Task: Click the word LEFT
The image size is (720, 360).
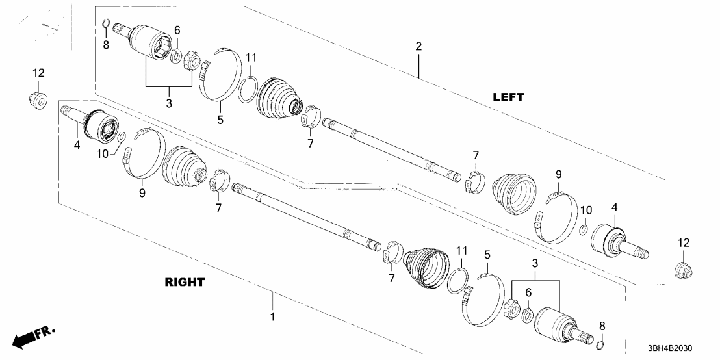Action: (x=508, y=97)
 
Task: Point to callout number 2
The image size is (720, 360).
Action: (x=418, y=46)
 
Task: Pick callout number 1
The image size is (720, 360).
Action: (x=273, y=316)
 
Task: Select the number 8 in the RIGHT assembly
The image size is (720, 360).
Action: (x=602, y=325)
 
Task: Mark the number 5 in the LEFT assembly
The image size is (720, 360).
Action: (x=220, y=120)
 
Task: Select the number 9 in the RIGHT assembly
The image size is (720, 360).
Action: (x=142, y=192)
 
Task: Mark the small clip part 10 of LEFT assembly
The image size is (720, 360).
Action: (x=584, y=229)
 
